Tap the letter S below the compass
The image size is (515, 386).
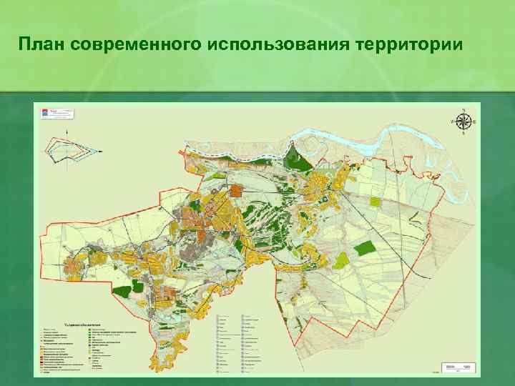coord(463,133)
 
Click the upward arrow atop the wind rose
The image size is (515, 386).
coord(67,132)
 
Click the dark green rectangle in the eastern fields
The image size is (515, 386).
coord(365,247)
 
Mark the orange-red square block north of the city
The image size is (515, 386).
coord(237,189)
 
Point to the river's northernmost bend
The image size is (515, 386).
coord(394,127)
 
